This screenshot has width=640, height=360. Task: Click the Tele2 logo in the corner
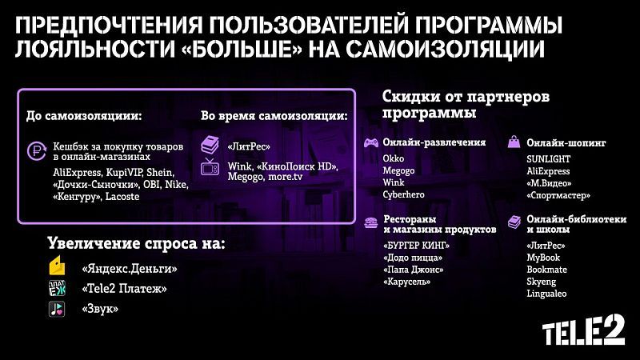click(x=583, y=330)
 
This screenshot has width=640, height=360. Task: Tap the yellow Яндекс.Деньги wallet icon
click(x=57, y=266)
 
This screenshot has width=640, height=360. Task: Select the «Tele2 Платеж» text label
click(x=124, y=289)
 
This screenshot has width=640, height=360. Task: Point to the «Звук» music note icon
click(x=57, y=309)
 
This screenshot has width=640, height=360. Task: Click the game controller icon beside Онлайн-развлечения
click(x=370, y=143)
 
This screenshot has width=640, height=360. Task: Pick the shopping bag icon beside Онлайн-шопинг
click(x=514, y=142)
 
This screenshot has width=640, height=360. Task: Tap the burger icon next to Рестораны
click(x=370, y=223)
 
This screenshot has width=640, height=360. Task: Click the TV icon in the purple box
click(x=210, y=166)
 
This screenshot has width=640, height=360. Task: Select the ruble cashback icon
click(x=36, y=151)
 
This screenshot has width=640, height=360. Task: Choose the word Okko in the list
click(x=394, y=158)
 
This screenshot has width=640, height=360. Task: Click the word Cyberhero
click(x=403, y=194)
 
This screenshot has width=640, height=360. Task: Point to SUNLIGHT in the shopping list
click(x=548, y=158)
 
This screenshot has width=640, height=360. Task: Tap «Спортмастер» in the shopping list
click(x=558, y=195)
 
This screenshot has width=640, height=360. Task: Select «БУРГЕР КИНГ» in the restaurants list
click(x=416, y=246)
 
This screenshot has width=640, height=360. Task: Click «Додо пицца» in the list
click(x=413, y=258)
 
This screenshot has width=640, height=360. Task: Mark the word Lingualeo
click(x=546, y=294)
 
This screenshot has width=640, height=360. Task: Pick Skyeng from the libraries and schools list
click(x=542, y=282)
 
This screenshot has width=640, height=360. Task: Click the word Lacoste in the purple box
click(x=122, y=196)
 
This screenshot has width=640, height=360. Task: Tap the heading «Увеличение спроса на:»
click(x=136, y=243)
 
